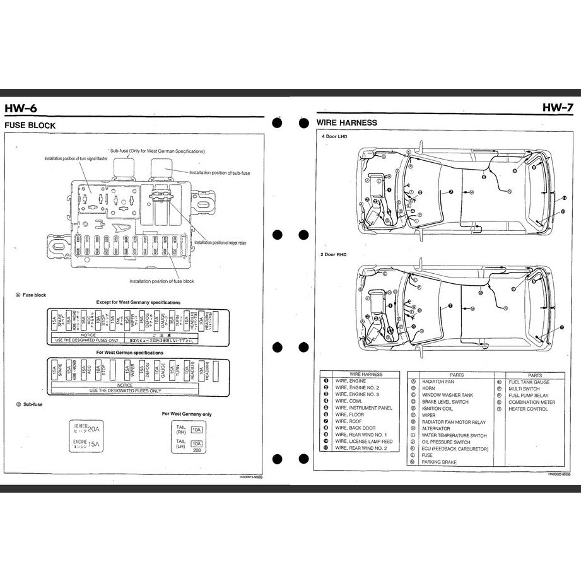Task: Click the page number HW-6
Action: tap(21, 108)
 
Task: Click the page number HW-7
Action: tap(556, 108)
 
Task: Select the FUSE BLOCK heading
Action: tap(30, 126)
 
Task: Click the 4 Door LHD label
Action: tap(334, 137)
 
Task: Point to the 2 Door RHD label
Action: tap(334, 254)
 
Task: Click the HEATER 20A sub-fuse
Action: tap(87, 429)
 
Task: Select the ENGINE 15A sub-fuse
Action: tap(87, 444)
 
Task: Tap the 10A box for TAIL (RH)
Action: tap(196, 430)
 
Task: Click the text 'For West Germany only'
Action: tap(187, 414)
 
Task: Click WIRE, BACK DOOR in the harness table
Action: tap(355, 428)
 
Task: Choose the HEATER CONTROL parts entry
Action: tap(528, 409)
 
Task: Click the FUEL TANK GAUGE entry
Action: tap(529, 382)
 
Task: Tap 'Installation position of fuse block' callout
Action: tap(161, 281)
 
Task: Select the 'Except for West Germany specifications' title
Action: tap(138, 303)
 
